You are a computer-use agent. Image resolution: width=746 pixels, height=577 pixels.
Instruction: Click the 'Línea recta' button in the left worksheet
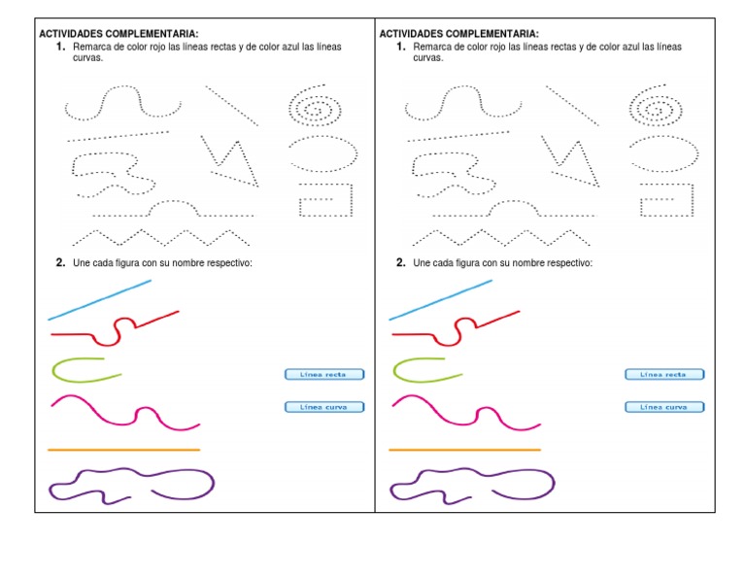(x=324, y=374)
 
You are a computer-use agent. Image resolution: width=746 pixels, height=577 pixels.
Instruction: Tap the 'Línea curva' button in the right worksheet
(x=664, y=407)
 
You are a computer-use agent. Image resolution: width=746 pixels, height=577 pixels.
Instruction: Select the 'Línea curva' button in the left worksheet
(x=324, y=407)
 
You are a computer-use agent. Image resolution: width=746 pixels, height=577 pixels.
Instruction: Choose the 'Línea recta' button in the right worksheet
(x=664, y=374)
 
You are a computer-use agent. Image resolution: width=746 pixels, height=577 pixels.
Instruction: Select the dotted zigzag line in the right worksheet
(x=501, y=238)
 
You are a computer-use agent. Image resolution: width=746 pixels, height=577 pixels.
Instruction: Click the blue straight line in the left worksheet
(x=99, y=300)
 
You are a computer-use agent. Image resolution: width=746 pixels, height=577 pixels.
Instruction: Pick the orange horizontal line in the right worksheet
(x=464, y=450)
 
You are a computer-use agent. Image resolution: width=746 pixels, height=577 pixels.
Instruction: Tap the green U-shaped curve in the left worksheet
(x=53, y=370)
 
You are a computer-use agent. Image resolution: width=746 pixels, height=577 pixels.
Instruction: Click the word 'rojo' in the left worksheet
(x=157, y=47)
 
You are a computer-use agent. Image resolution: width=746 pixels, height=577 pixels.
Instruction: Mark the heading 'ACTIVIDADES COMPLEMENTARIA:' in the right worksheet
(x=458, y=34)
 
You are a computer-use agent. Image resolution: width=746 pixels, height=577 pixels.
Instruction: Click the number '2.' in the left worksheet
(x=60, y=262)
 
